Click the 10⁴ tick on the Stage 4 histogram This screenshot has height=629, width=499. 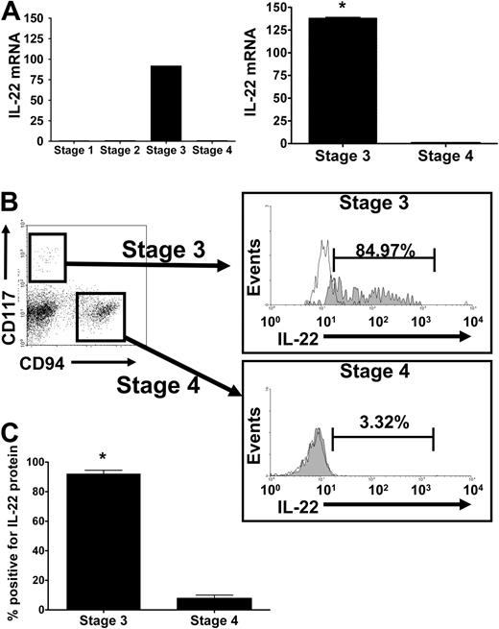pyautogui.click(x=467, y=488)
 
